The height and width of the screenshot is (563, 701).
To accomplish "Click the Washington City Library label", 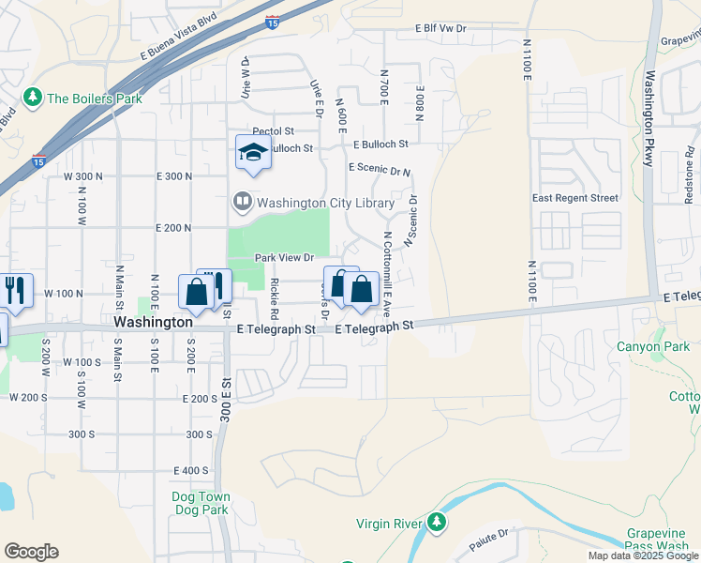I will (325, 203).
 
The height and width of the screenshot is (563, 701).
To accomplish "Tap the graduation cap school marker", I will (252, 152).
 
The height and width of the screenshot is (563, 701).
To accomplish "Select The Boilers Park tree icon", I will (34, 97).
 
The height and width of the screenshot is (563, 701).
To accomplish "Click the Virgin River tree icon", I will (436, 522).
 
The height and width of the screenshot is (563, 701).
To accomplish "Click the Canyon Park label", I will (652, 346).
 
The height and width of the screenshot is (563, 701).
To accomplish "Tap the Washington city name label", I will (153, 321).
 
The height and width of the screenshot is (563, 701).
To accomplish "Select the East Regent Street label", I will (574, 198).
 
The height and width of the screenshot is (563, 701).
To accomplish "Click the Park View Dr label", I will (284, 258).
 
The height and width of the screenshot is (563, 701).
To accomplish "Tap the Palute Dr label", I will (488, 532).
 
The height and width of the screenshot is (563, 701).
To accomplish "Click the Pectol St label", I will (273, 131).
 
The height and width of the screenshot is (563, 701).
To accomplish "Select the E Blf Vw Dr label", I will (440, 29).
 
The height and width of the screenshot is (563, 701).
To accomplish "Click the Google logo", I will (31, 552).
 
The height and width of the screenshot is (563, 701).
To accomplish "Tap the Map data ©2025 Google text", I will (643, 556).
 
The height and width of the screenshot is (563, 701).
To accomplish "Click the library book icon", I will (243, 203).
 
